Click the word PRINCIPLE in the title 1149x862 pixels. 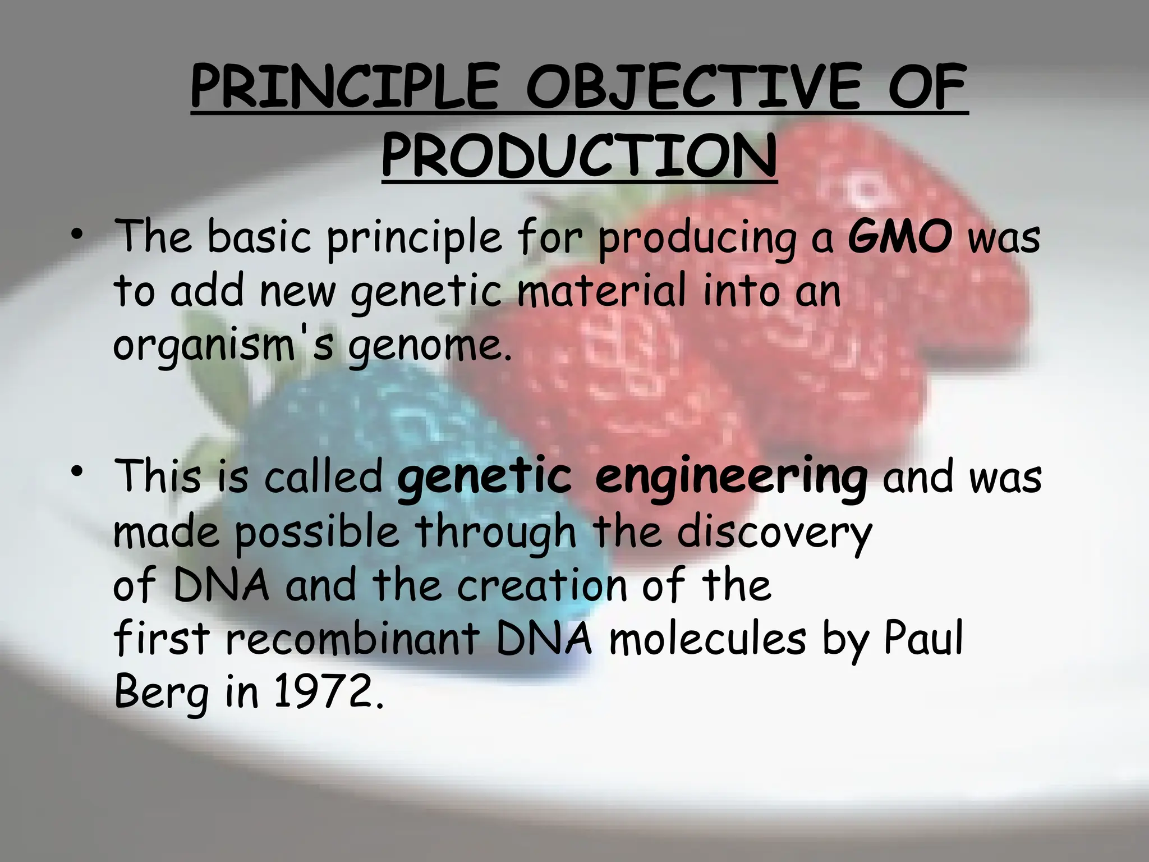[343, 89]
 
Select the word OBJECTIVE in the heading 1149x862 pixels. [691, 89]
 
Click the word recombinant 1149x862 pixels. [352, 639]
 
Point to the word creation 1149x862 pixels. [541, 585]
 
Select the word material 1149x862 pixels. [601, 291]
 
